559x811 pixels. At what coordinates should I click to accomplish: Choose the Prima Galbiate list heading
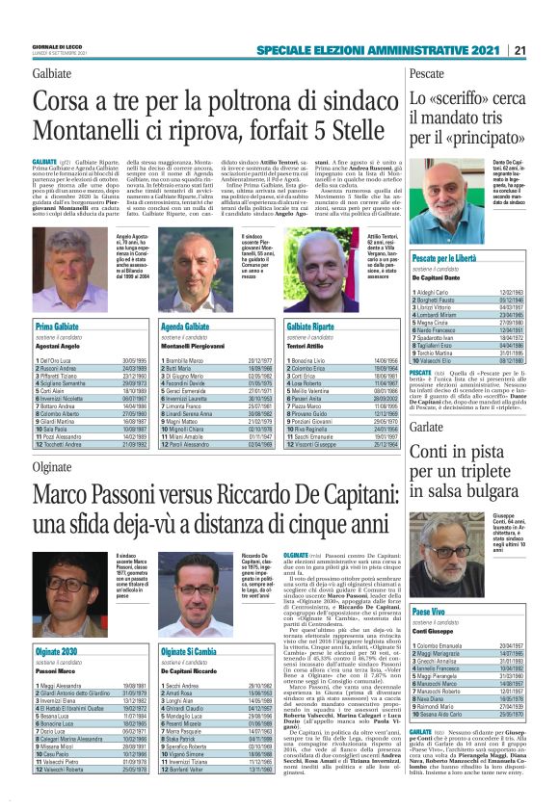[60, 327]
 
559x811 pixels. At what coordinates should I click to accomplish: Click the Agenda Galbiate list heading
[173, 327]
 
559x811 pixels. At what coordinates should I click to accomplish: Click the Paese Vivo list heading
[428, 611]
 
